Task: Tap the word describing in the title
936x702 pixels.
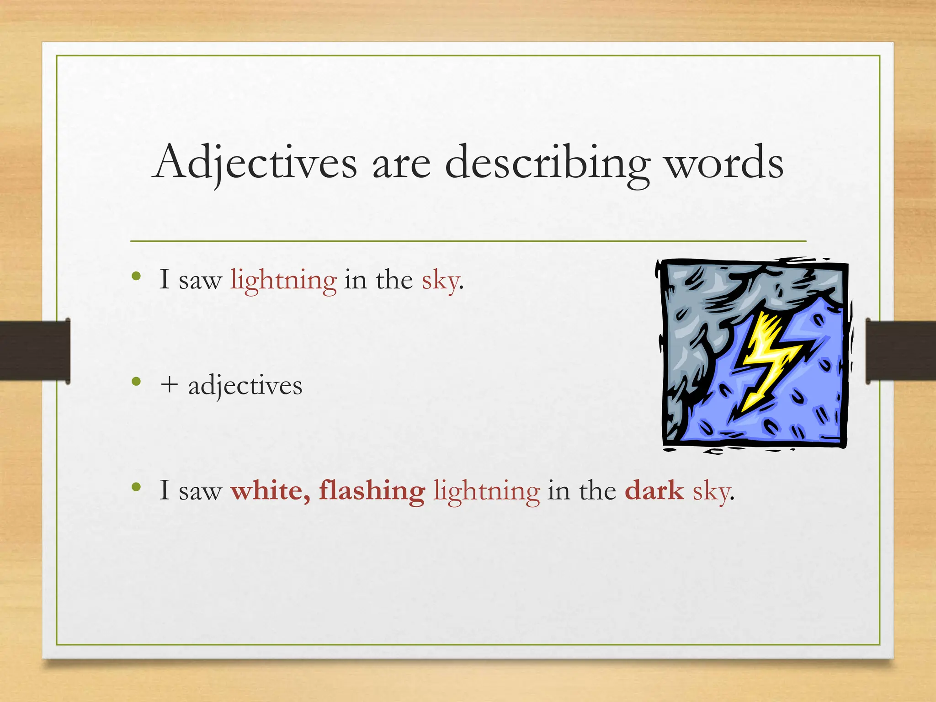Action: (547, 163)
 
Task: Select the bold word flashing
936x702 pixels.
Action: (372, 492)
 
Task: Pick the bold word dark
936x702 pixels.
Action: (654, 491)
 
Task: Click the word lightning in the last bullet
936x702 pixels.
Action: (486, 492)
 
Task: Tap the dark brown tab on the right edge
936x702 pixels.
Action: (900, 351)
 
